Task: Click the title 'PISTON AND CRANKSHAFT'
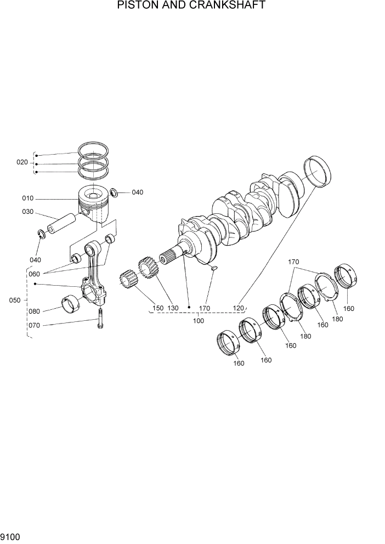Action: click(x=191, y=6)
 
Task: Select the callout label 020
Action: click(x=22, y=162)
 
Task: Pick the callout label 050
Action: click(x=15, y=301)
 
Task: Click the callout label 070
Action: click(x=34, y=325)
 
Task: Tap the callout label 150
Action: click(x=158, y=308)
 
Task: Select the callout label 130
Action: click(x=173, y=308)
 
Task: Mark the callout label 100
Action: click(x=198, y=320)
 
